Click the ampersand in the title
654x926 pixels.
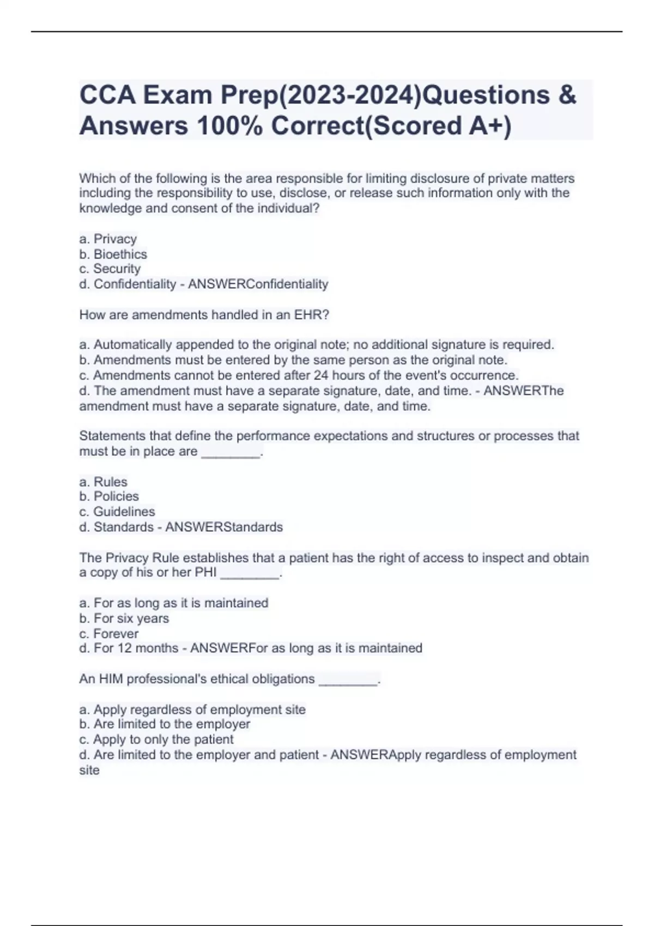click(x=567, y=95)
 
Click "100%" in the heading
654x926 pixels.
click(x=229, y=126)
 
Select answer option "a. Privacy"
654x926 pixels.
click(x=108, y=239)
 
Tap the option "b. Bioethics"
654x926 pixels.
click(x=113, y=254)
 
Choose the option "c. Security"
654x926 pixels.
click(x=110, y=269)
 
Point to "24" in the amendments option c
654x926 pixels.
click(x=321, y=375)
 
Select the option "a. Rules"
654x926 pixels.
click(x=103, y=482)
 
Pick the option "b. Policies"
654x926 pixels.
click(x=109, y=496)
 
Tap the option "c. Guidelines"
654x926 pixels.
click(x=117, y=511)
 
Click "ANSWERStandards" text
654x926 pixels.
click(x=224, y=527)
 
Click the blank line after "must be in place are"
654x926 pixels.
click(x=231, y=453)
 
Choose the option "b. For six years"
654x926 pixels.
click(x=124, y=618)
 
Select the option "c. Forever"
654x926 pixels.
click(x=108, y=633)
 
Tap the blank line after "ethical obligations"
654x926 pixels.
click(x=348, y=680)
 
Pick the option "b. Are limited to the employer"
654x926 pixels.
click(x=165, y=724)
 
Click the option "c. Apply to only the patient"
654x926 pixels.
click(x=156, y=740)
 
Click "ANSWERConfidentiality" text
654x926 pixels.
click(x=258, y=284)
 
